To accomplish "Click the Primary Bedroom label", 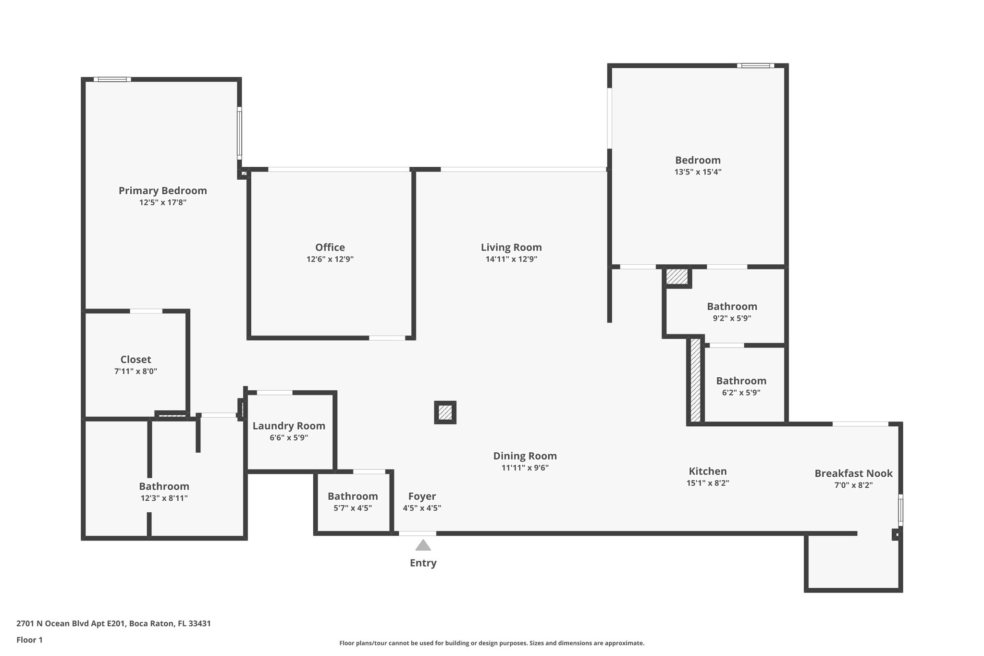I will (162, 191).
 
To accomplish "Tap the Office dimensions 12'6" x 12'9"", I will (330, 260).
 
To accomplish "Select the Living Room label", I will (511, 248).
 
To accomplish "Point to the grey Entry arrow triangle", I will (423, 545).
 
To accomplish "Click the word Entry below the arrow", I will (423, 563).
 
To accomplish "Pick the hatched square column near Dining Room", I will (445, 412).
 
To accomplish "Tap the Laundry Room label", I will (289, 426).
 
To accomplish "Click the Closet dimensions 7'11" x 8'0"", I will (135, 371).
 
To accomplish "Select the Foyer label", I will (422, 496).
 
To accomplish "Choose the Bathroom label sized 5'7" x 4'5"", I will (353, 496).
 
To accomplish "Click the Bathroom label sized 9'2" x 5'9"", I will (731, 307).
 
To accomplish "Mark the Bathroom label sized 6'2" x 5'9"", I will (741, 381).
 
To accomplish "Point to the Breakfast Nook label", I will (853, 473).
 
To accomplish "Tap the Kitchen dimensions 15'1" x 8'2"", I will (707, 483).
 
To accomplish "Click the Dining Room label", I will (525, 456).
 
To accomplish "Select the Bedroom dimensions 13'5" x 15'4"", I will (698, 172).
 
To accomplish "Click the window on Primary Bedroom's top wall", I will (112, 79).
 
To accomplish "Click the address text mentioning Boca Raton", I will (113, 624).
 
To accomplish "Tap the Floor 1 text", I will (29, 640).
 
